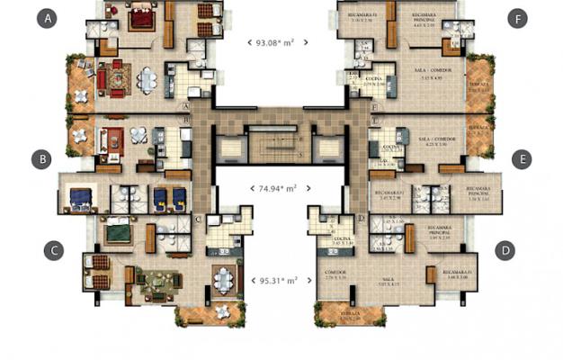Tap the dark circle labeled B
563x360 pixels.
pos(40,159)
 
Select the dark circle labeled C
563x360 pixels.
pos(55,250)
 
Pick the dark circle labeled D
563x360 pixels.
pos(506,250)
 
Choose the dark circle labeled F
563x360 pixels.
pos(516,18)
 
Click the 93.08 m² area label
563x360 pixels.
pos(277,41)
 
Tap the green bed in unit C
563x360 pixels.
pos(118,236)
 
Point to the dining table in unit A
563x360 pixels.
pos(147,79)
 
